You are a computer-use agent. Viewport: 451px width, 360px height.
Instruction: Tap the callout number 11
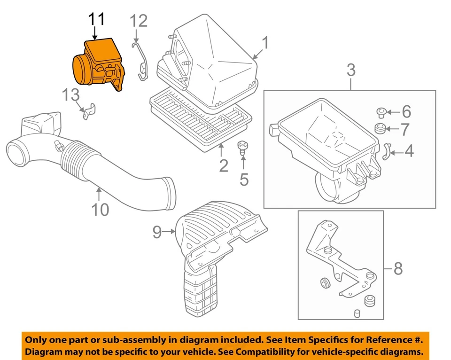coord(97,20)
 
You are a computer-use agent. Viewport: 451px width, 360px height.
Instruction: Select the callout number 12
coord(139,21)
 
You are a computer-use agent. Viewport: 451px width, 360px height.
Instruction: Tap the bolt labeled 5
coord(243,148)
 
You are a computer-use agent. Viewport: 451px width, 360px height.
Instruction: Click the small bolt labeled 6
coord(381,112)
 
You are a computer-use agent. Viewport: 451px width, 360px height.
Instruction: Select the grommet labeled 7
coord(380,128)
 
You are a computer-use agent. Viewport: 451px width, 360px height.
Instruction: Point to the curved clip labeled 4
coord(386,151)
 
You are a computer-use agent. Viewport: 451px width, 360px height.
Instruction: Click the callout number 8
coord(398,269)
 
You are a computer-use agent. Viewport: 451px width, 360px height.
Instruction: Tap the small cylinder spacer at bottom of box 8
coord(356,313)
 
